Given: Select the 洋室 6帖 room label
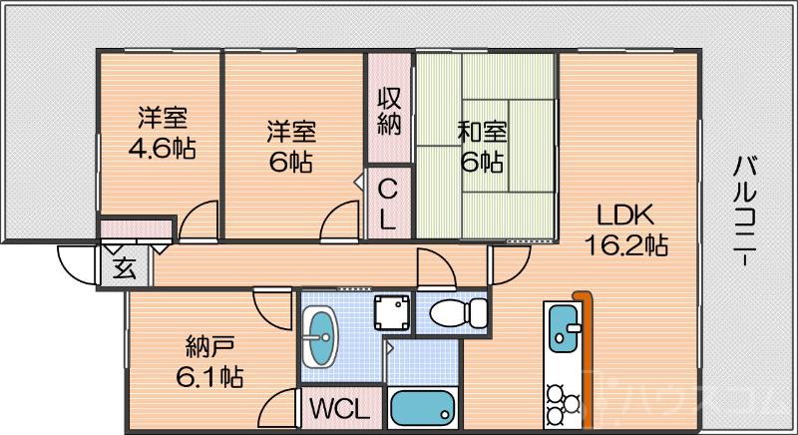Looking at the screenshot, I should point(290,146).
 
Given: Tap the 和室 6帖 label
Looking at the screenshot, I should point(482,146).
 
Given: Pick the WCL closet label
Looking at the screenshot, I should point(339,409).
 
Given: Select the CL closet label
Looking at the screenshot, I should point(388,205).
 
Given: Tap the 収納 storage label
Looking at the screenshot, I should point(389,111).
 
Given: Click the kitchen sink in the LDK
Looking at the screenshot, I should point(563,330).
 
